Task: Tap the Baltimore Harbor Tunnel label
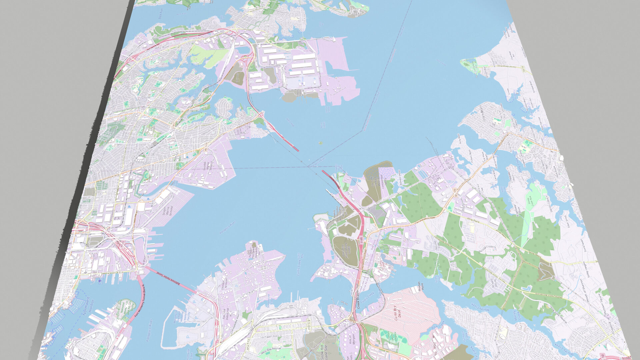169,278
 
